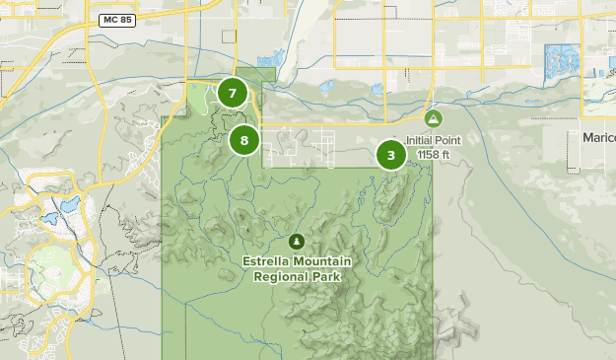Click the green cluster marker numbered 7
point(233,94)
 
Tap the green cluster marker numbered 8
point(244,140)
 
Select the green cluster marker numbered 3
point(391,155)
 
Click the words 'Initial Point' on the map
point(433,140)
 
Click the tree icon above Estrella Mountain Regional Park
point(297,242)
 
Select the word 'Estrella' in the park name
point(270,262)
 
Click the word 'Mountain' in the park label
point(323,262)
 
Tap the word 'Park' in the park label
point(327,277)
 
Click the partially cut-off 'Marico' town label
point(598,137)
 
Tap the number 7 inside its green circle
point(233,94)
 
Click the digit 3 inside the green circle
point(391,155)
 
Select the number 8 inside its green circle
point(244,140)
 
